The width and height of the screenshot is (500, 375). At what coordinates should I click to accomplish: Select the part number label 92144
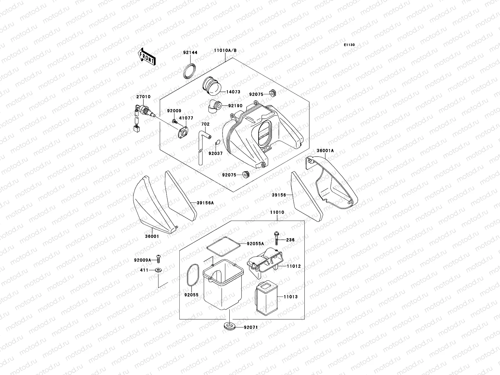(x=190, y=53)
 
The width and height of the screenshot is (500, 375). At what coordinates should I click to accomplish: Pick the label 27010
(x=143, y=97)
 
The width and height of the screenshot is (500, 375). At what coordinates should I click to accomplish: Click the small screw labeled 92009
(x=174, y=120)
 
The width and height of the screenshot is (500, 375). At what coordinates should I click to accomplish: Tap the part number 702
(x=205, y=124)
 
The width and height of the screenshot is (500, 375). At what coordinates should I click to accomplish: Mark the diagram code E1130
(x=350, y=45)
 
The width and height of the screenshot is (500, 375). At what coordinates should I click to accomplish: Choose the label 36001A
(x=325, y=151)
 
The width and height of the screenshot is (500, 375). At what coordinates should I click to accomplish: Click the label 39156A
(x=205, y=203)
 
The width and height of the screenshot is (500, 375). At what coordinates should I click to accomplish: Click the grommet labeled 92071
(x=229, y=327)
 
